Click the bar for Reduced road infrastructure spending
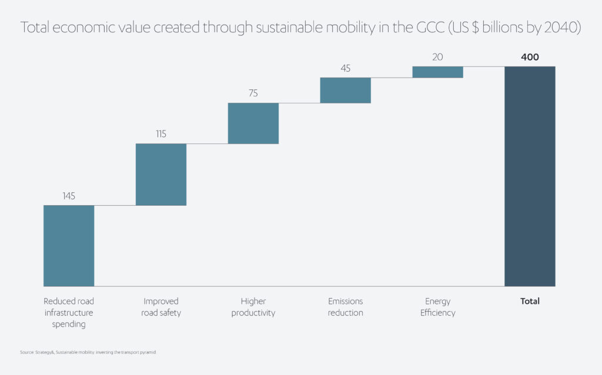point(69,246)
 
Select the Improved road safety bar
point(161,175)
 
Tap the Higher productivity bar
point(253,123)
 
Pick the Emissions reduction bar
point(346,91)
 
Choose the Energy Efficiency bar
point(438,72)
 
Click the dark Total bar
point(530,176)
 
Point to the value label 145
point(69,196)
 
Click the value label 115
point(161,134)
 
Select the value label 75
point(253,93)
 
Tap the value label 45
point(346,68)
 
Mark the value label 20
point(438,57)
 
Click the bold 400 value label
point(530,57)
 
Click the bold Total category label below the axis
point(530,302)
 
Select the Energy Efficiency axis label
point(438,307)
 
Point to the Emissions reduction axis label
point(346,307)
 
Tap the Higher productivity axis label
point(253,307)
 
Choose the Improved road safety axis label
point(161,307)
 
